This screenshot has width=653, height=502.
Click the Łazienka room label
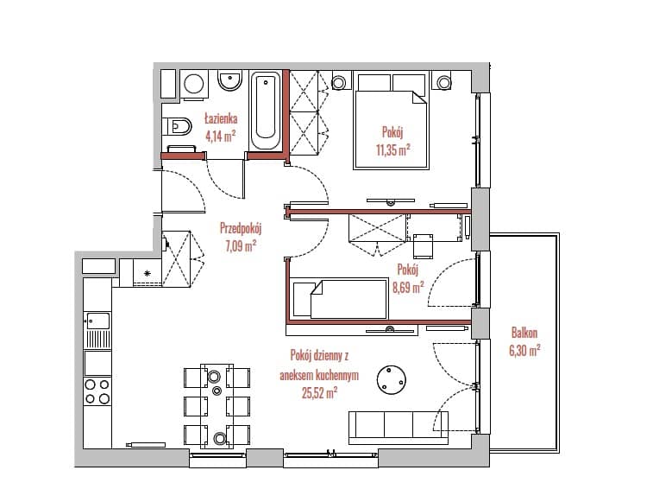221,119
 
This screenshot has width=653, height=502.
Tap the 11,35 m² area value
393,149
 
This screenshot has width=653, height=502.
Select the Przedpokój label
241,228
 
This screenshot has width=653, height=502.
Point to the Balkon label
524,333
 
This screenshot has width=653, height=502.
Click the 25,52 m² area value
319,392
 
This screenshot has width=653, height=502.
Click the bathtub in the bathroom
266,111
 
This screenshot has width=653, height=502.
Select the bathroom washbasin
230,81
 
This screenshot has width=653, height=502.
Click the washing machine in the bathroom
193,85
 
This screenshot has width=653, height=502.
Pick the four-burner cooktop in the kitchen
97,391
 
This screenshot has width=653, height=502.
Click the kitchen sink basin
97,321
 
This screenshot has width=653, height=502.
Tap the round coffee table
392,380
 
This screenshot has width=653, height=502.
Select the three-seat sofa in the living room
399,428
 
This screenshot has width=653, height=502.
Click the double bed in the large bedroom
391,121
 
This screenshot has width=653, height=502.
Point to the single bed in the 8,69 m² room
340,299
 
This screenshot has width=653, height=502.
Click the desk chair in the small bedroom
423,246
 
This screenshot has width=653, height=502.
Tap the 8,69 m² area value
408,288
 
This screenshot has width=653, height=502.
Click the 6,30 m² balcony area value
524,350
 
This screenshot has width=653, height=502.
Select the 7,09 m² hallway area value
241,245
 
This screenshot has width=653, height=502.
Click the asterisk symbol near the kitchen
147,273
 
